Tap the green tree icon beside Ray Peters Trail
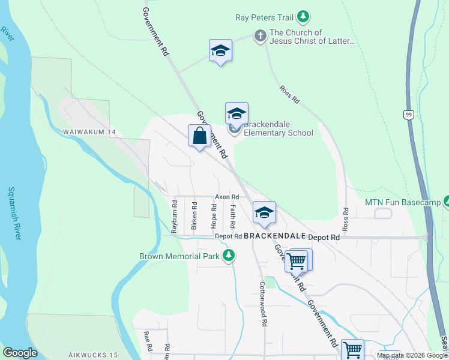pyautogui.click(x=304, y=17)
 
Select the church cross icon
pyautogui.click(x=260, y=36)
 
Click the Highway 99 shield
pyautogui.click(x=409, y=115)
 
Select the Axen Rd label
pyautogui.click(x=227, y=197)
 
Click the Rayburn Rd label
pyautogui.click(x=174, y=217)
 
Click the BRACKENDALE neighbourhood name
pyautogui.click(x=274, y=236)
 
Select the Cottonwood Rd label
pyautogui.click(x=262, y=304)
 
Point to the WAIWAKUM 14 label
pyautogui.click(x=89, y=132)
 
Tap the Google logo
pyautogui.click(x=20, y=353)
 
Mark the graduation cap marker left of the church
pyautogui.click(x=220, y=51)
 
